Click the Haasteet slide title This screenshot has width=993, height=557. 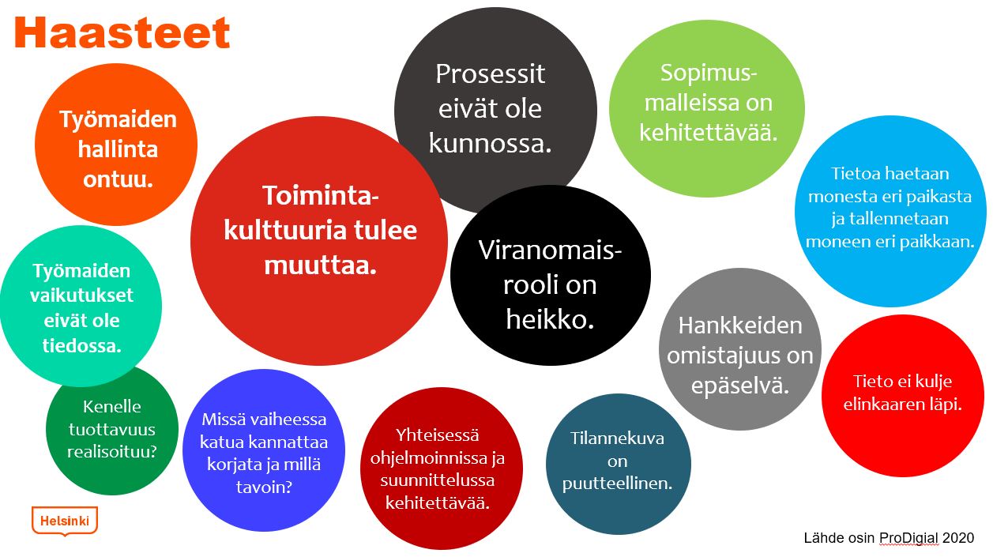point(122,32)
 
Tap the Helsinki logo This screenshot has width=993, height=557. point(65,521)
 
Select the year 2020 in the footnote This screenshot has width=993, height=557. point(958,538)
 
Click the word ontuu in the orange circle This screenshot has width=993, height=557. point(118,179)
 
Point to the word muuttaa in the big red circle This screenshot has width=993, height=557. point(320,265)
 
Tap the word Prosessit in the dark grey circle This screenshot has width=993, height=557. point(490,73)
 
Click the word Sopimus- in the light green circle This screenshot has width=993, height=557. point(709,73)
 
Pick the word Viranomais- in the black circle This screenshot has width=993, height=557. point(550,250)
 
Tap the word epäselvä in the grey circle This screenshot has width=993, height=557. point(740,385)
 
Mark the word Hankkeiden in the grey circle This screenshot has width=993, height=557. point(740,326)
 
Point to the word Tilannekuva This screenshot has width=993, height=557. point(617,438)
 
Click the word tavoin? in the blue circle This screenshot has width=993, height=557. point(264,487)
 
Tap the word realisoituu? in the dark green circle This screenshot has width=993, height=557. point(111,451)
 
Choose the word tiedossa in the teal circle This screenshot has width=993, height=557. point(81,345)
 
